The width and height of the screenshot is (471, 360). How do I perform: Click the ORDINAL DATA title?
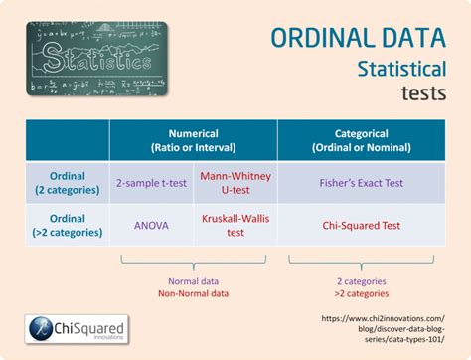coord(358,37)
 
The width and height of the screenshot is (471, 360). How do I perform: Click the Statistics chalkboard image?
coord(96,57)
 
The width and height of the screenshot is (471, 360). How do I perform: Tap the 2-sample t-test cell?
coord(150,184)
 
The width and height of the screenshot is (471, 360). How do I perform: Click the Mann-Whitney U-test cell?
coord(235,183)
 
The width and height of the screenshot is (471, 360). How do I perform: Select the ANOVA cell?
coord(151,225)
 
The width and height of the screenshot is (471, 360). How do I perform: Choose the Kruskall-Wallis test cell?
coord(235,225)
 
